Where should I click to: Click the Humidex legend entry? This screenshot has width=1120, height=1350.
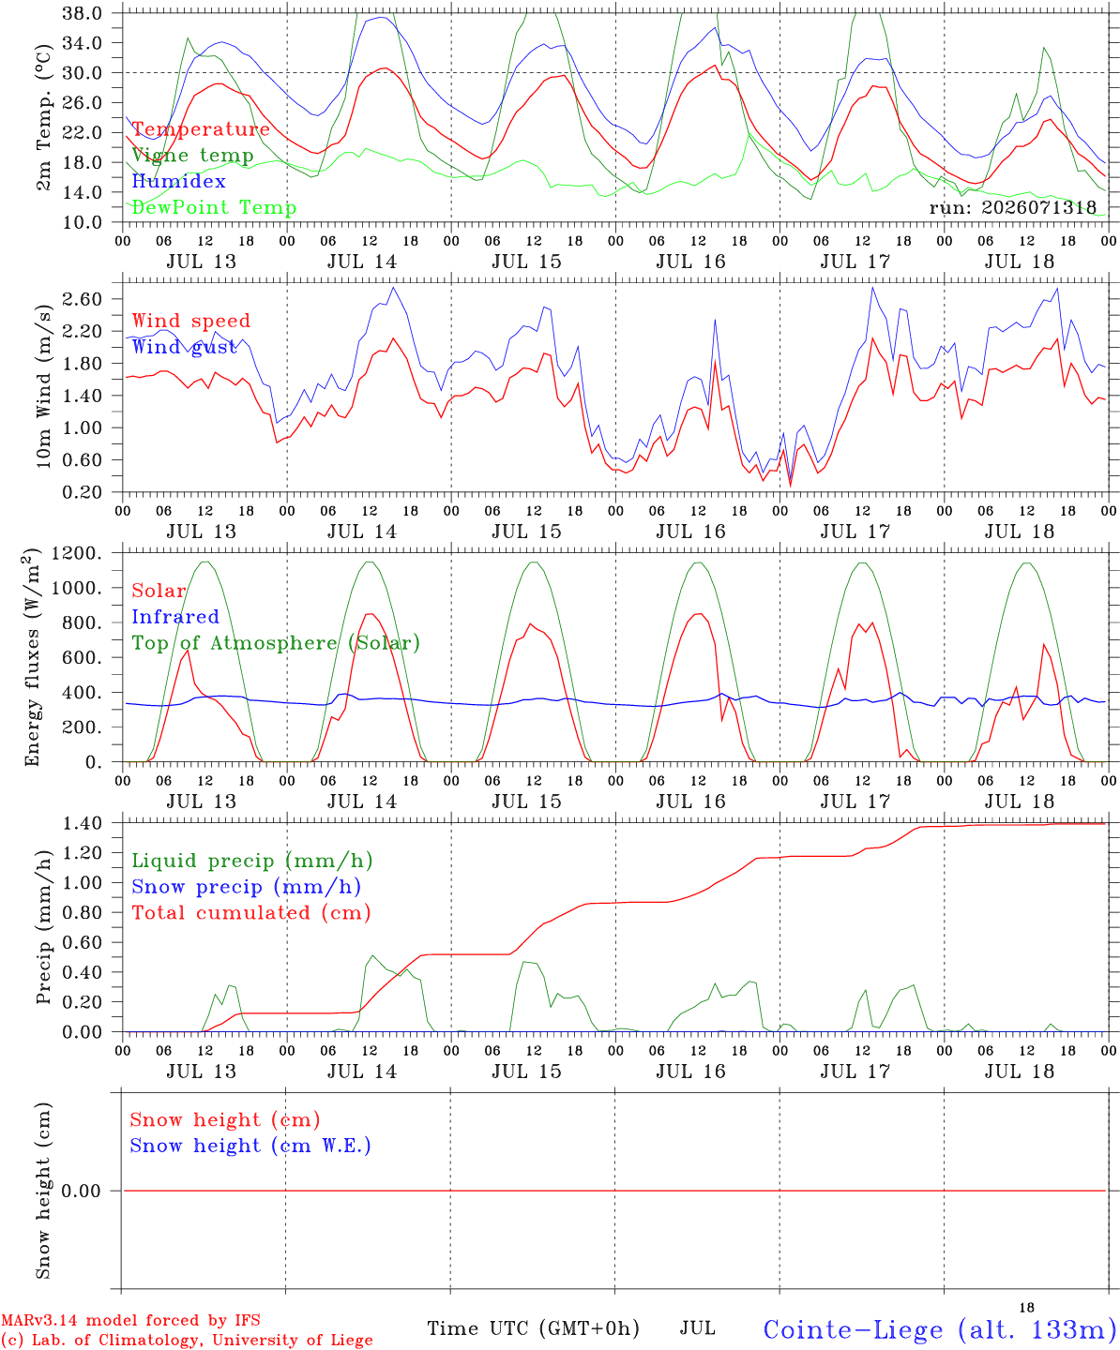pos(178,181)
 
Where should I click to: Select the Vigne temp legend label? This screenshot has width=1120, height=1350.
pos(193,156)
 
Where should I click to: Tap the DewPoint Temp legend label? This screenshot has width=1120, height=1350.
pos(214,207)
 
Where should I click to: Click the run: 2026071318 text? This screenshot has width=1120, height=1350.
pos(1012,207)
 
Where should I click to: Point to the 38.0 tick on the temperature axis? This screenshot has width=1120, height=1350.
pos(82,13)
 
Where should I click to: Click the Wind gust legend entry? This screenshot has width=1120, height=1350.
pos(185,347)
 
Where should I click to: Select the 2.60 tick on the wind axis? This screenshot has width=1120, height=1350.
pos(82,299)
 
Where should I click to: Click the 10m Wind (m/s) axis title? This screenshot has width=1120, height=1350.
pos(43,386)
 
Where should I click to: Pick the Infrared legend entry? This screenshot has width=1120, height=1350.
pos(175,617)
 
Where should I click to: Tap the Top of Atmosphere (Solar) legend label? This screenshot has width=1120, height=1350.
pos(277,643)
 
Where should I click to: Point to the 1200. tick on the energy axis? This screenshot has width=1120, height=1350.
pos(77,553)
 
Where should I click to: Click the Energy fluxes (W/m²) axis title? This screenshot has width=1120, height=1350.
pos(32,657)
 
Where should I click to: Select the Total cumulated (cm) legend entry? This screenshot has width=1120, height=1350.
pos(251,913)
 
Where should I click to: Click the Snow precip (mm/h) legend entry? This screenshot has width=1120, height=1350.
pos(246,887)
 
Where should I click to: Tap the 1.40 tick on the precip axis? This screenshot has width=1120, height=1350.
pos(82,823)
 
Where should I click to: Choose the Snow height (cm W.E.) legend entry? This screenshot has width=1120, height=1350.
pos(250,1146)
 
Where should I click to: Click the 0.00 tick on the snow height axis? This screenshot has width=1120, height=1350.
pos(82,1191)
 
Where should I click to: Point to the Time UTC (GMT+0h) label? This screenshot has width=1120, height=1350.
pos(533,1328)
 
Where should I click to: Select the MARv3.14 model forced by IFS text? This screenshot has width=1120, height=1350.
pos(130,1320)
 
